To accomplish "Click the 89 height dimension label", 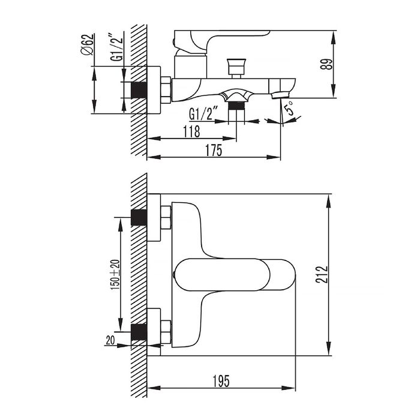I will coord(326,64).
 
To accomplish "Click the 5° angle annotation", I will coord(289,110).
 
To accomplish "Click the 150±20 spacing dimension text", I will coord(115,275).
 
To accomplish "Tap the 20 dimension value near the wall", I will coord(110,340).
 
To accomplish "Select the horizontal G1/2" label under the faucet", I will coord(201,113).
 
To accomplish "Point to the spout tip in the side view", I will coord(280,95).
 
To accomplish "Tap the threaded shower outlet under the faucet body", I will coord(238,105).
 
